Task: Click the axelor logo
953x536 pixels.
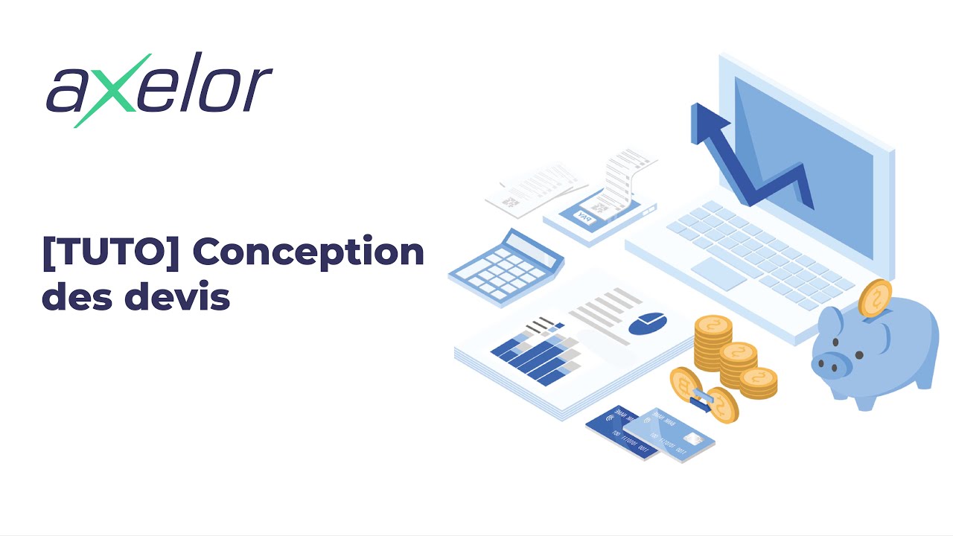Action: click(159, 90)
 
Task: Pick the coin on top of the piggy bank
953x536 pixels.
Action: click(876, 298)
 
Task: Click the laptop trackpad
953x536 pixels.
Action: click(718, 273)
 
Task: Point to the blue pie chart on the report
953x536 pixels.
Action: click(648, 323)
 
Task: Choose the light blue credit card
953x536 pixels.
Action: click(670, 435)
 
